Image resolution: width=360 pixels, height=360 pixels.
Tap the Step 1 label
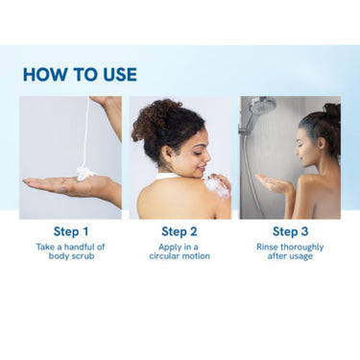pos(71,231)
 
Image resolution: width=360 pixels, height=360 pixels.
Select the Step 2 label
pos(180,231)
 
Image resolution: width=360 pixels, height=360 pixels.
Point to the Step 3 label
pos(290,231)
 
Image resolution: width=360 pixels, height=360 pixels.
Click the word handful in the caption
pos(77,247)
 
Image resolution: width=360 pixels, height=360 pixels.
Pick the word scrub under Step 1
pos(83,256)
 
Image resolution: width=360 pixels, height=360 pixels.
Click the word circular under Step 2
pos(163,256)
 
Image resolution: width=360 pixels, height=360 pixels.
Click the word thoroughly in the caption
pos(302,248)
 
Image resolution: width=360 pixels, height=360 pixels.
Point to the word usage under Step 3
pos(300,256)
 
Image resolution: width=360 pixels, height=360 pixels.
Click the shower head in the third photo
pos(262,106)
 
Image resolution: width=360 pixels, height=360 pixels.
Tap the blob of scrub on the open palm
pos(85,173)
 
